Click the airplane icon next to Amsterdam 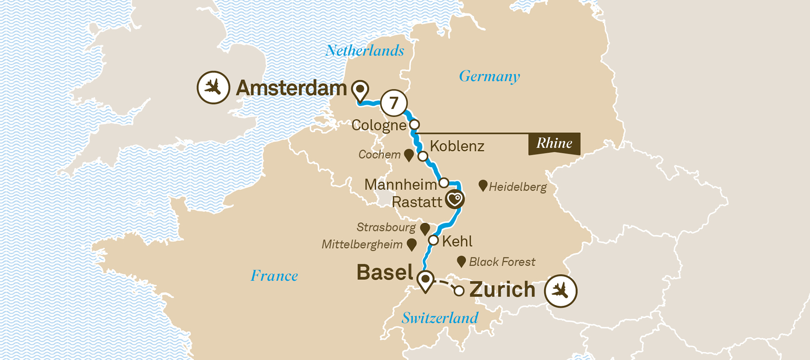[x=213, y=87]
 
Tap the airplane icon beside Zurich [x=561, y=291]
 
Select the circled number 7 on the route [x=394, y=103]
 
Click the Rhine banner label [x=554, y=143]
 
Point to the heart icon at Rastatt [x=455, y=199]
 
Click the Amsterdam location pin [x=360, y=90]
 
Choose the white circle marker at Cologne [x=414, y=124]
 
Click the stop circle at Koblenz [x=423, y=156]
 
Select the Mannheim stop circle [x=444, y=183]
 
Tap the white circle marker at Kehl [x=433, y=241]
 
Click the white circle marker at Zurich [x=459, y=291]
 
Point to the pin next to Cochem [x=409, y=155]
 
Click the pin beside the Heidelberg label [x=482, y=185]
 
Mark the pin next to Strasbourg [x=425, y=229]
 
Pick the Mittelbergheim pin [x=411, y=244]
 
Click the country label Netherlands [x=364, y=51]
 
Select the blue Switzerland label [x=440, y=318]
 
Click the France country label [x=274, y=276]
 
